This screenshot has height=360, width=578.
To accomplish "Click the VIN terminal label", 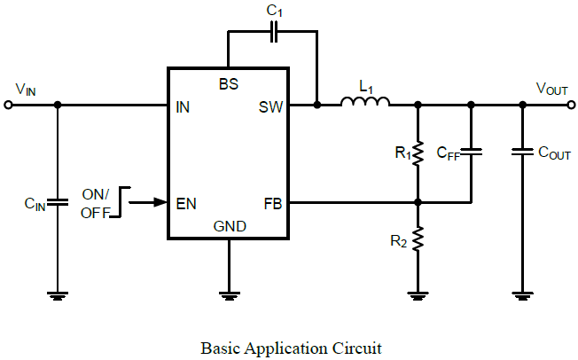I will pos(26,89).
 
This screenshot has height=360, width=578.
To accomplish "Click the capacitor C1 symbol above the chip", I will pos(274,33).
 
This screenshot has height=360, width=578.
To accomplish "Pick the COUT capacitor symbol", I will pos(523,153).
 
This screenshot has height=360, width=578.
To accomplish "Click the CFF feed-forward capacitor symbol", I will pos(471,153).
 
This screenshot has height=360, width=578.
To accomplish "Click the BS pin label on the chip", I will pos(228,83).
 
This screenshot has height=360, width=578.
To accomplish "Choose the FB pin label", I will pos(273,203).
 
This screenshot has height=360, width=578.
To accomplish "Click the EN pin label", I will pos(186,203).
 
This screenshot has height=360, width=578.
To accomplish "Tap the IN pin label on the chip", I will pos(183,107).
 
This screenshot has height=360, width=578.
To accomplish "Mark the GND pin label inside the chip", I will pos(229,227).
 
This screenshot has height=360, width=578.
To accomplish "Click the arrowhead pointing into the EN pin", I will pos(161,203).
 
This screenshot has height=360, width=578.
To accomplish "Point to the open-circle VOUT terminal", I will pos(569,105).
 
